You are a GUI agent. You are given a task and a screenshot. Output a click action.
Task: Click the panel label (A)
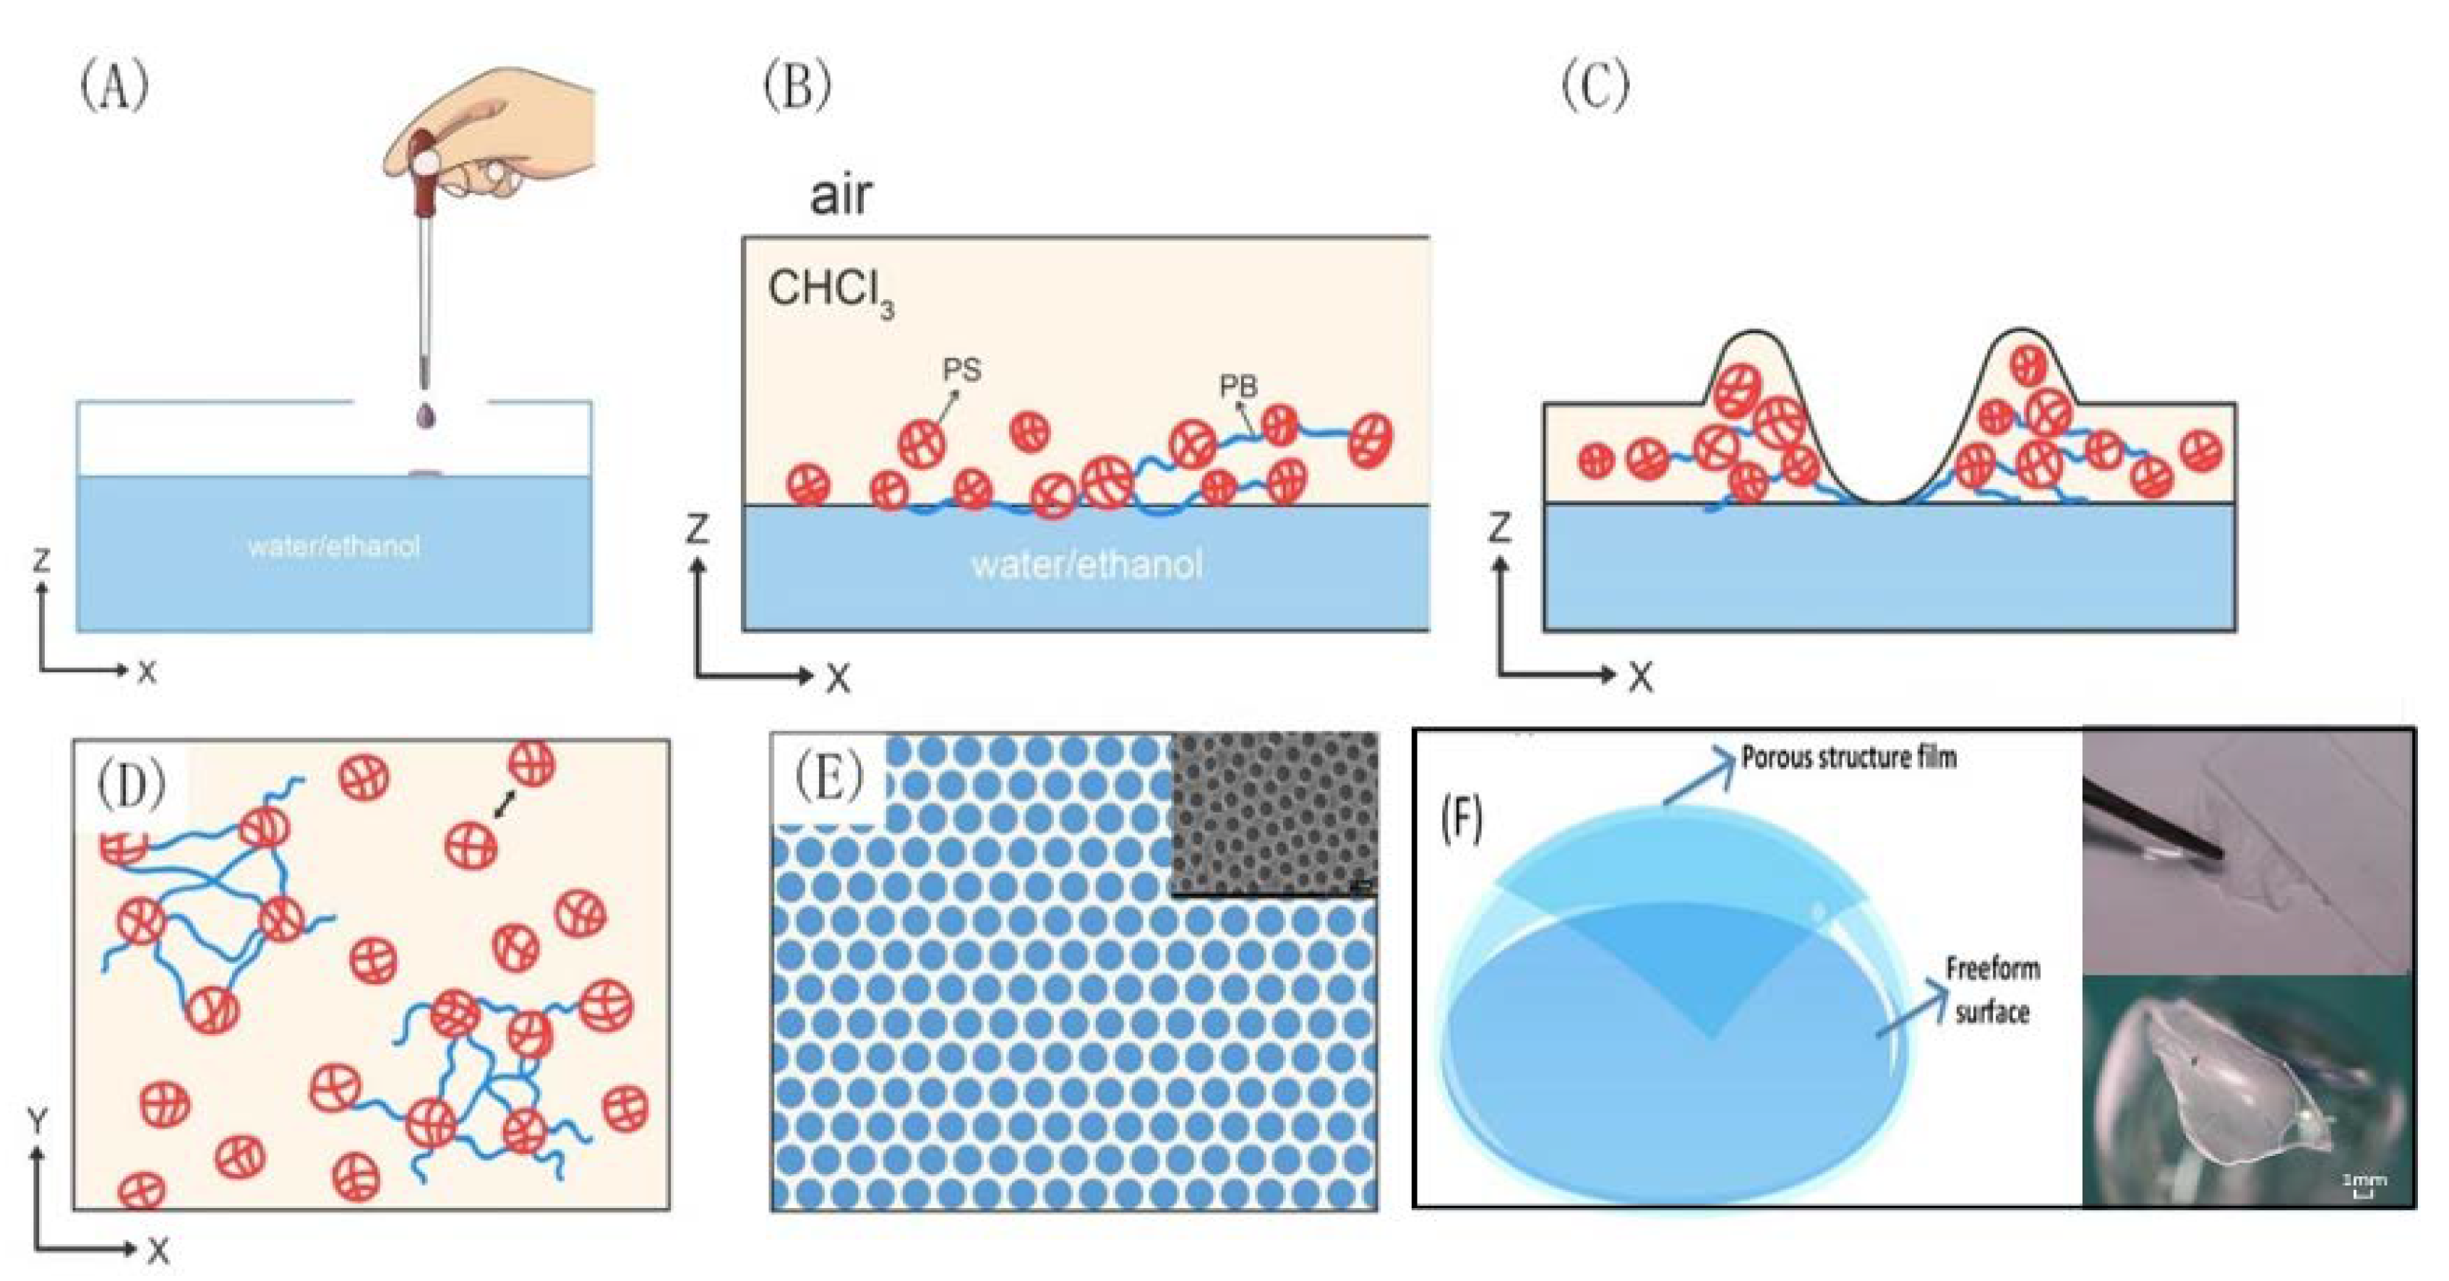coord(114,87)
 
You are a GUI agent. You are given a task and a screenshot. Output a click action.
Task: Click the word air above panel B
coord(841,195)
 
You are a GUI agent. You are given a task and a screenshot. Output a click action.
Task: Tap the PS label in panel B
coord(961,370)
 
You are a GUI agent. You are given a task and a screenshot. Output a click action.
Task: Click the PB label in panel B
coord(1238,386)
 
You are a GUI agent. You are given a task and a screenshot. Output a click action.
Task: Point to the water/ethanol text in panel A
coord(333,546)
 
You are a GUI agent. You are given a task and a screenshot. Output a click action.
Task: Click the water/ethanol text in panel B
coord(1086,564)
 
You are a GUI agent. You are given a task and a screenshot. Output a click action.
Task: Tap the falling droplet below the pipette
coord(425,416)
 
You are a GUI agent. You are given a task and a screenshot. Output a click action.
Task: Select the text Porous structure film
coord(1848,757)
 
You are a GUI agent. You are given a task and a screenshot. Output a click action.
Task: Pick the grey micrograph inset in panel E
coord(1274,814)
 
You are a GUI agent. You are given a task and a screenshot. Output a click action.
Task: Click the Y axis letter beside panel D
coord(38,1122)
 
